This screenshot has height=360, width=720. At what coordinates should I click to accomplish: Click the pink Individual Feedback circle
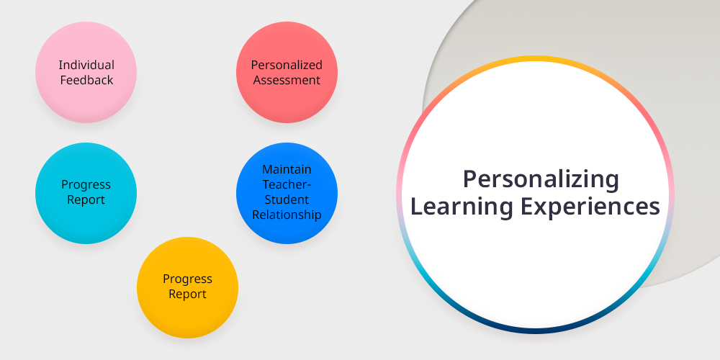point(86,72)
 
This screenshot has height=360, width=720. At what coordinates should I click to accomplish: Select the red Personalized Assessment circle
point(287,72)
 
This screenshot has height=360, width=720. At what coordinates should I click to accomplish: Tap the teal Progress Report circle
point(86,193)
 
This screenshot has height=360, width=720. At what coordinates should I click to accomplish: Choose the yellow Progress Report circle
point(187,287)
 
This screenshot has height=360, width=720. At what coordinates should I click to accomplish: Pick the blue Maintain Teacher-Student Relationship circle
point(287,193)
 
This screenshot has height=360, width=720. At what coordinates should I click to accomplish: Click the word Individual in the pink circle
point(86,65)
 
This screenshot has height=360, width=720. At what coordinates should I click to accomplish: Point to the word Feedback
point(86,80)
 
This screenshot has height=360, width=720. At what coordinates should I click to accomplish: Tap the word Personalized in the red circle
point(287,65)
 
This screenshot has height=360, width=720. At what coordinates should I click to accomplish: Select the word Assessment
point(287,80)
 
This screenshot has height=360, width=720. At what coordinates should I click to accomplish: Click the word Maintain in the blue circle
point(287,169)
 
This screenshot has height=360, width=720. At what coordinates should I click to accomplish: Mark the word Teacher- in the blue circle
point(287,184)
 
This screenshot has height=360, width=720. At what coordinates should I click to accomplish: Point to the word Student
point(287,199)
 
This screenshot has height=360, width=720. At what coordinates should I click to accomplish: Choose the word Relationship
point(287,215)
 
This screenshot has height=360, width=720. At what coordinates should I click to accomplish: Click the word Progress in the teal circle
point(86,185)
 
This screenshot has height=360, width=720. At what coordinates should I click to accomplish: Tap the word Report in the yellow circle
point(187,294)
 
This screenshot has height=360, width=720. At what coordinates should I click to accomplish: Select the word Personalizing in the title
point(541,179)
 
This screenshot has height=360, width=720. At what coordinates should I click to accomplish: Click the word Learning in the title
point(462,207)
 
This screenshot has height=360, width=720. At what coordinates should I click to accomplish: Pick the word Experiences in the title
point(590,207)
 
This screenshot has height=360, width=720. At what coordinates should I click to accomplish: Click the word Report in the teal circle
point(86,199)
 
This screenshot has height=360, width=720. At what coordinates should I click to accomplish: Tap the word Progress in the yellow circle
point(187,279)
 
